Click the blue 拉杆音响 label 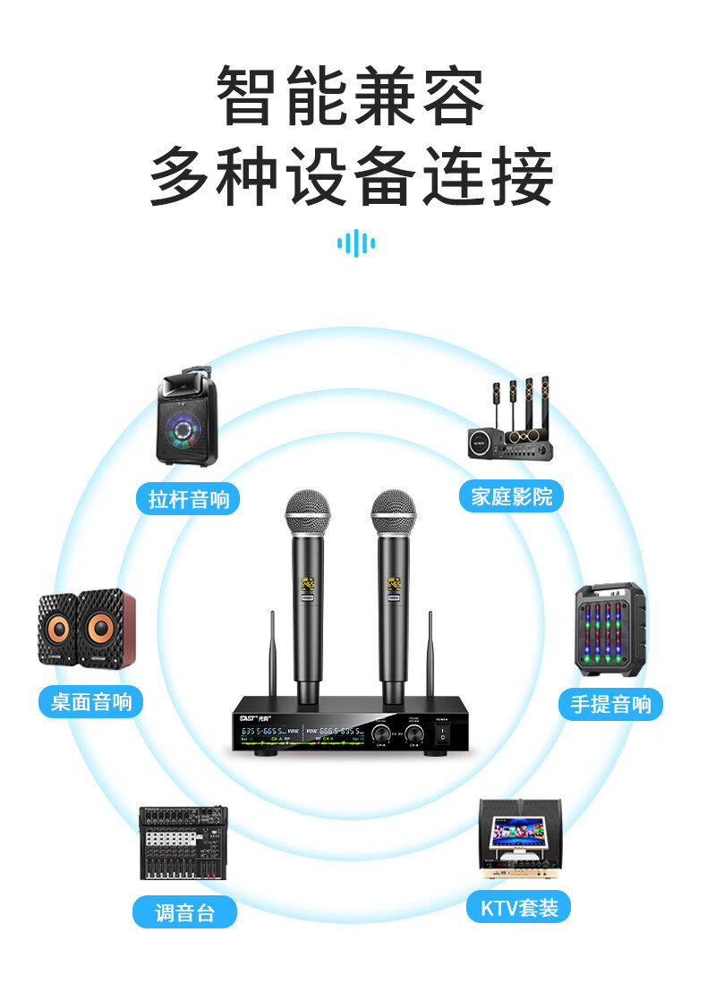[189, 498]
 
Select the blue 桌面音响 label [91, 701]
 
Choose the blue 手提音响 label [610, 704]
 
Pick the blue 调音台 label [185, 913]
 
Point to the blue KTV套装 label [519, 909]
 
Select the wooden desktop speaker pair [87, 631]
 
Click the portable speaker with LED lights [609, 630]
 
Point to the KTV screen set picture [519, 837]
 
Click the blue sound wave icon [355, 242]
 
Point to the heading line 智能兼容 [352, 96]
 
